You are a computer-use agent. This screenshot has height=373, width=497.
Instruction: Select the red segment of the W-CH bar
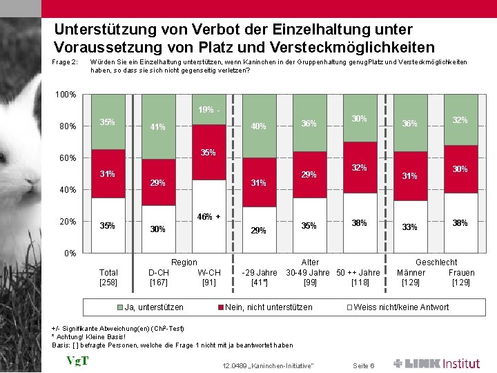coord(209,152)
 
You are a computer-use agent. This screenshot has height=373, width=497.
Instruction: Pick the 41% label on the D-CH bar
coord(158,126)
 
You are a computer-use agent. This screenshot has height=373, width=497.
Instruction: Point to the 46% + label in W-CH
coord(208,216)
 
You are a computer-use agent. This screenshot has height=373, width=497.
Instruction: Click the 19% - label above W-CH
coord(208,110)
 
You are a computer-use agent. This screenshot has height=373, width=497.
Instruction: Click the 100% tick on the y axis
coord(66,95)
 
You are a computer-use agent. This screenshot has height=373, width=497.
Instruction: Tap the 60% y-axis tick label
coord(68,158)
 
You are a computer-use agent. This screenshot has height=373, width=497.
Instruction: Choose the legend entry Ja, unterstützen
coord(151,307)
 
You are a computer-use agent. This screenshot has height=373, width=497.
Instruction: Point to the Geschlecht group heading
coord(436,262)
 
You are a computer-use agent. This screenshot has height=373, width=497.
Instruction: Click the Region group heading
coord(184,262)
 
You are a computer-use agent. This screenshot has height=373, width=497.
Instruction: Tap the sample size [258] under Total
coord(109,282)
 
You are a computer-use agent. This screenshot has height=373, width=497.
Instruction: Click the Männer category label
coord(411,272)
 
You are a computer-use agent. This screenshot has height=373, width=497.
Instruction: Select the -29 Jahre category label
coord(260,272)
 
